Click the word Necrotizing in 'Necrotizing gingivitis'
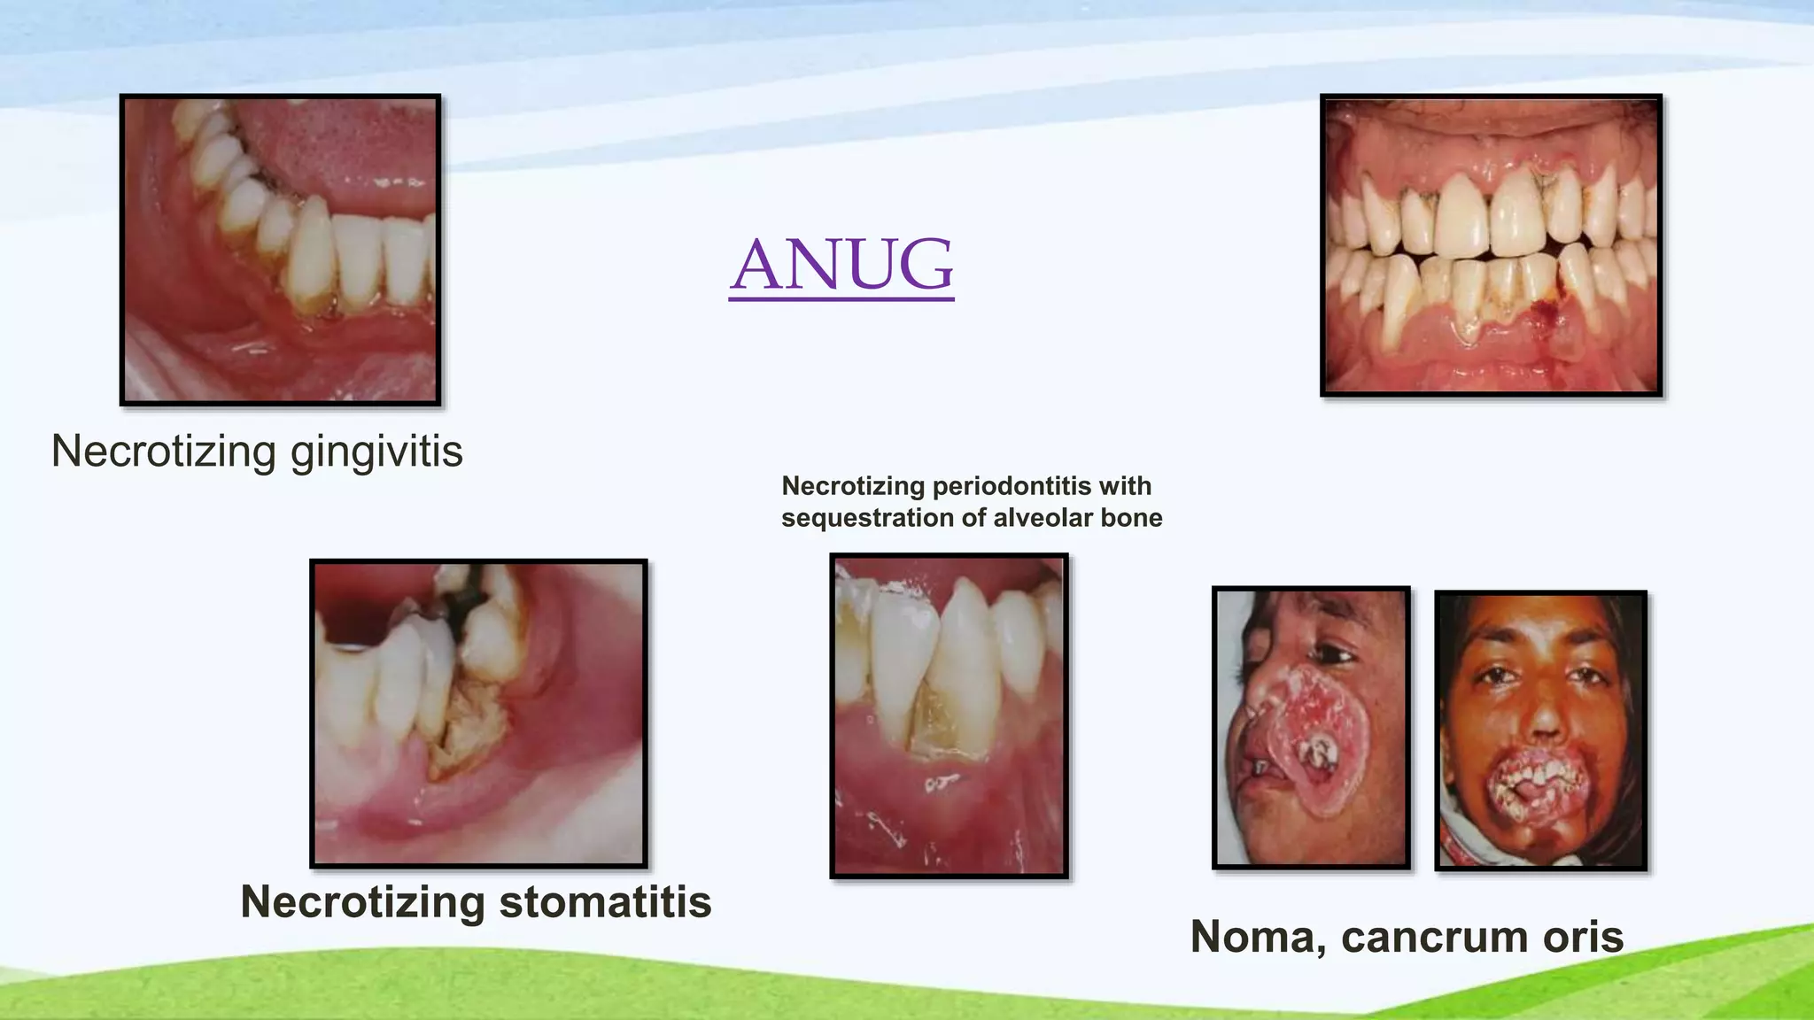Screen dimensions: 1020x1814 point(164,452)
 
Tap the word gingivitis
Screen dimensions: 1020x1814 point(376,452)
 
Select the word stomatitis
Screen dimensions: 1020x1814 point(605,902)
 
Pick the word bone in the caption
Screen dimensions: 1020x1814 point(1131,518)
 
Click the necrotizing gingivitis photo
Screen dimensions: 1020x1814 point(280,250)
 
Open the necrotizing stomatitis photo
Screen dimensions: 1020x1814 point(478,714)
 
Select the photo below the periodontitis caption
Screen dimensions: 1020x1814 point(949,715)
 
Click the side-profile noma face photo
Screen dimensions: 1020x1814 point(1311,728)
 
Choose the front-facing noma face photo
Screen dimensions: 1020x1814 point(1541,730)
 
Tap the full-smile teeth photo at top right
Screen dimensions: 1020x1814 point(1491,245)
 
